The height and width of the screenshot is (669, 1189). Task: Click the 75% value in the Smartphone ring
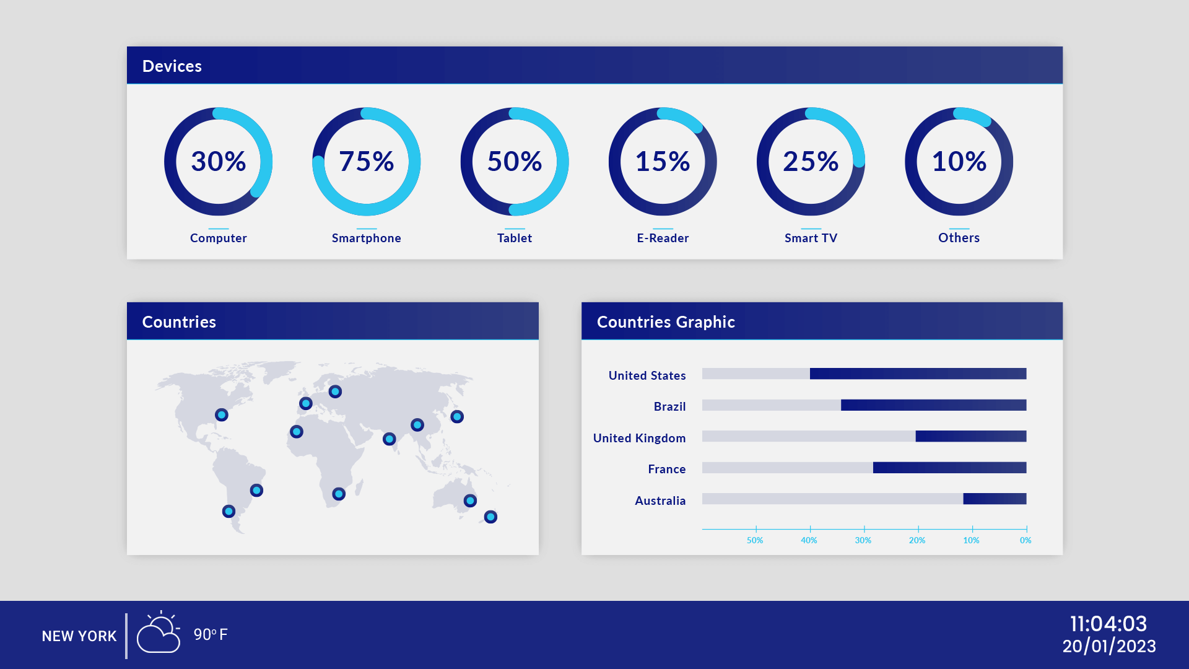coord(366,162)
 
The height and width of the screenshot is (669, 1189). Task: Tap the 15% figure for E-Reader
coord(663,162)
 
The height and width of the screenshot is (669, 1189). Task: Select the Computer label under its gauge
coord(218,238)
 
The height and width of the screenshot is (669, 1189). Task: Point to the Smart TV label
coord(811,238)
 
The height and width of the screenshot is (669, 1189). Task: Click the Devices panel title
coord(172,66)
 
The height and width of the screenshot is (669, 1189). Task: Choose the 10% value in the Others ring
coord(959,162)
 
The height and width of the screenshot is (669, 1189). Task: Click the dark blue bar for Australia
coord(995,499)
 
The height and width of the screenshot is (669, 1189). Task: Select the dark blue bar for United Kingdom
coord(970,436)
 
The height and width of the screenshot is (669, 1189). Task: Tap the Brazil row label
coord(669,406)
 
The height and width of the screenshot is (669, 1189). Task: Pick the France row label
coord(666,469)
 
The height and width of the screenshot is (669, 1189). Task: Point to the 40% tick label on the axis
coord(809,540)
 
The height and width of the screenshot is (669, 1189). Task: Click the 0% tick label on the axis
coord(1026,540)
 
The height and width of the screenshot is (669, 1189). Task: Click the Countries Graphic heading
coord(666,322)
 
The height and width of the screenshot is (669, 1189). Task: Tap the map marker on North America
coord(221,414)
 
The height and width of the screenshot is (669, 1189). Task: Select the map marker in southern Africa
coord(338,494)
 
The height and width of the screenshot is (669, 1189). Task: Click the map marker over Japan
coord(457,416)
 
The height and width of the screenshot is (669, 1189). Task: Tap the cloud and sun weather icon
coord(159,634)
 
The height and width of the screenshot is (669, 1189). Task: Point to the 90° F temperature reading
coord(211,634)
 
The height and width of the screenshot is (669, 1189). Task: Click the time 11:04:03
coord(1108,623)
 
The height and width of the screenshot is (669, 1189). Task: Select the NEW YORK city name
coord(79,636)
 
